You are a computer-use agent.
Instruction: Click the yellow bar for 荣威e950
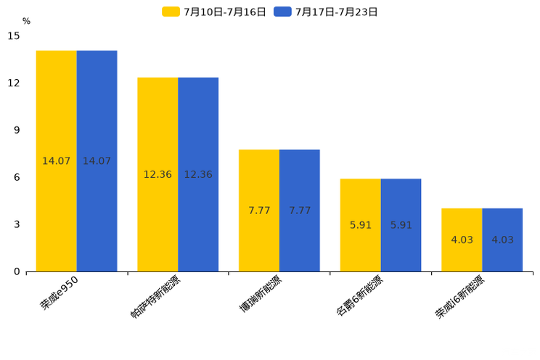56,109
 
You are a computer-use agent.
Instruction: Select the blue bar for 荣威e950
97,109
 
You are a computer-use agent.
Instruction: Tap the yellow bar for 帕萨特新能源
157,123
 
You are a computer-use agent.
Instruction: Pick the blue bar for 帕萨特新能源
198,123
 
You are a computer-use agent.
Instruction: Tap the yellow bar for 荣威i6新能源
462,254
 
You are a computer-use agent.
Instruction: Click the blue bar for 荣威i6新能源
502,254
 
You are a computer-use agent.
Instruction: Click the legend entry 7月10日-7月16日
215,12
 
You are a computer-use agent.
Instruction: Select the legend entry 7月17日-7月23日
327,12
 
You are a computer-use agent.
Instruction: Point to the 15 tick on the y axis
15,36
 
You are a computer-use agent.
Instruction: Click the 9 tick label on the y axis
17,130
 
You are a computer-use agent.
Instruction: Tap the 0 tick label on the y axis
17,271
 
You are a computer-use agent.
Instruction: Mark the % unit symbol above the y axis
26,21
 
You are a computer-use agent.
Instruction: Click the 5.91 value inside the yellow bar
361,225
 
